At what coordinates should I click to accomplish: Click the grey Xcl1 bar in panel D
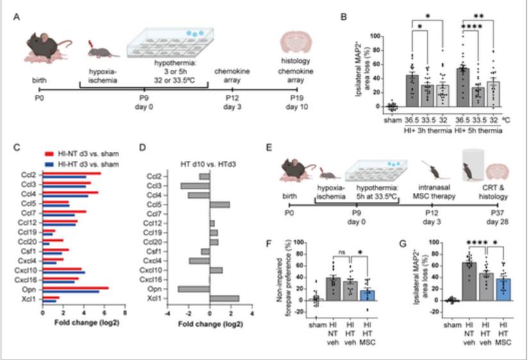(224, 298)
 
